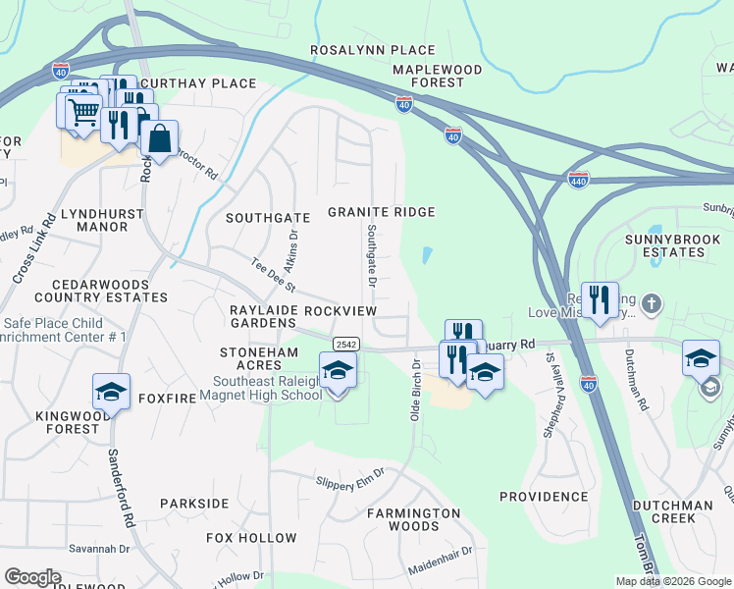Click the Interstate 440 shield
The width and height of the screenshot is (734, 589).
[x=578, y=182]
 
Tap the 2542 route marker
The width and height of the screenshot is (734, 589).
[x=344, y=344]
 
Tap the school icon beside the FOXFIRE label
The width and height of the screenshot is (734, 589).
[x=112, y=391]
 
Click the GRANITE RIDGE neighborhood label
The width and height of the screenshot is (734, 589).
[x=381, y=212]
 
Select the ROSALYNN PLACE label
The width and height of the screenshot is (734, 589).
[x=372, y=50]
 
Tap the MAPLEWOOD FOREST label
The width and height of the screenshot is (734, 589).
[x=438, y=77]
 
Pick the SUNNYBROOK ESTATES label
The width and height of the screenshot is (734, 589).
[x=666, y=245]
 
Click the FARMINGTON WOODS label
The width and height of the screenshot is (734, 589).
[x=413, y=520]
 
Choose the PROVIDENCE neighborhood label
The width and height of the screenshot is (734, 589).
[x=543, y=497]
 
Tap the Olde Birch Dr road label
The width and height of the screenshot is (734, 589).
[x=416, y=389]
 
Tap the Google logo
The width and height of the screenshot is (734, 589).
[x=33, y=577]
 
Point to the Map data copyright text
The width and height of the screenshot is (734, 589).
[x=672, y=581]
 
